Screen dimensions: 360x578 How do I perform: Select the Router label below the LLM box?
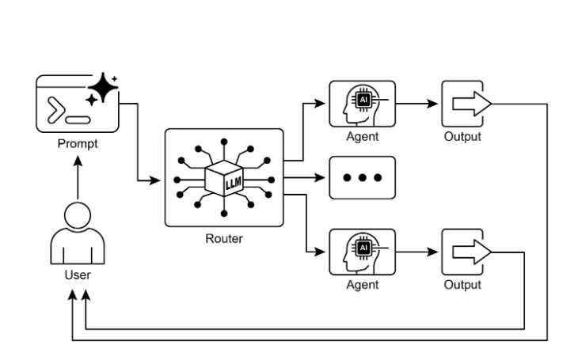(223, 239)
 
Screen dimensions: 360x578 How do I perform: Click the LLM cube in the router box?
(223, 181)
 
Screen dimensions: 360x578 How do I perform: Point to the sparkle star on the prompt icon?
(101, 89)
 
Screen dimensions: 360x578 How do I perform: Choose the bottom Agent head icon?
(362, 252)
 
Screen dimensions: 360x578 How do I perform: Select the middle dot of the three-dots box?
(362, 178)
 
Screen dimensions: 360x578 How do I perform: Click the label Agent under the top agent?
(362, 136)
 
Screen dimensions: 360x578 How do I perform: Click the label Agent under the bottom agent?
(362, 284)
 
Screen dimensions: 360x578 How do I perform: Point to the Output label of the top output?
(462, 136)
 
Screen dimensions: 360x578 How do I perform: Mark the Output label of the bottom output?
(462, 284)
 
